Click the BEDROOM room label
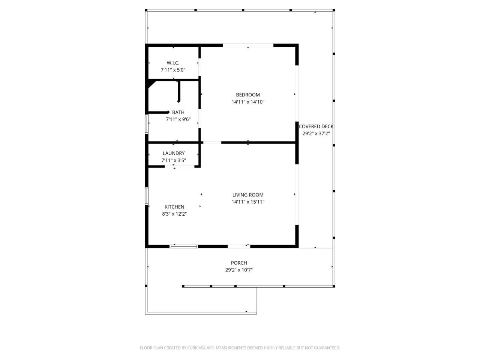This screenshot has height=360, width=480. (247, 95)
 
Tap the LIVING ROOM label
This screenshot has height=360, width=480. (248, 195)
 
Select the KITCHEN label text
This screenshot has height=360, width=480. (174, 207)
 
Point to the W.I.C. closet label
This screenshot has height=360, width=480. (173, 63)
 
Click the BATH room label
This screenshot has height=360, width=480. (178, 112)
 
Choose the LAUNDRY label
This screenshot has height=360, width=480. (174, 153)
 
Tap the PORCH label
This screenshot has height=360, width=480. (239, 263)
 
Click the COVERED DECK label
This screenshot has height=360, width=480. (316, 127)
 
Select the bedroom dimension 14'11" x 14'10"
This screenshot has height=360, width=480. (248, 102)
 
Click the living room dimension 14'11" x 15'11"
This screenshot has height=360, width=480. (248, 202)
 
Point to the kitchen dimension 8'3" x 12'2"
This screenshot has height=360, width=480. (174, 214)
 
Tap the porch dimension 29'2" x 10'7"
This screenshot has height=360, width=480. (239, 270)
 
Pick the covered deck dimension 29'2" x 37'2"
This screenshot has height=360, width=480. (316, 133)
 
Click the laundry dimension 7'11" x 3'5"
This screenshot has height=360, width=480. (174, 160)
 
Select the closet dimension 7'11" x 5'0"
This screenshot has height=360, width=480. (173, 70)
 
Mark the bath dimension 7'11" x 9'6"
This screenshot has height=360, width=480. (178, 120)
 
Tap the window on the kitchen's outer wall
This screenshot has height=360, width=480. (147, 196)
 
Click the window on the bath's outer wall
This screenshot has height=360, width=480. (147, 124)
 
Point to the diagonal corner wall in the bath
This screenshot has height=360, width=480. (152, 84)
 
